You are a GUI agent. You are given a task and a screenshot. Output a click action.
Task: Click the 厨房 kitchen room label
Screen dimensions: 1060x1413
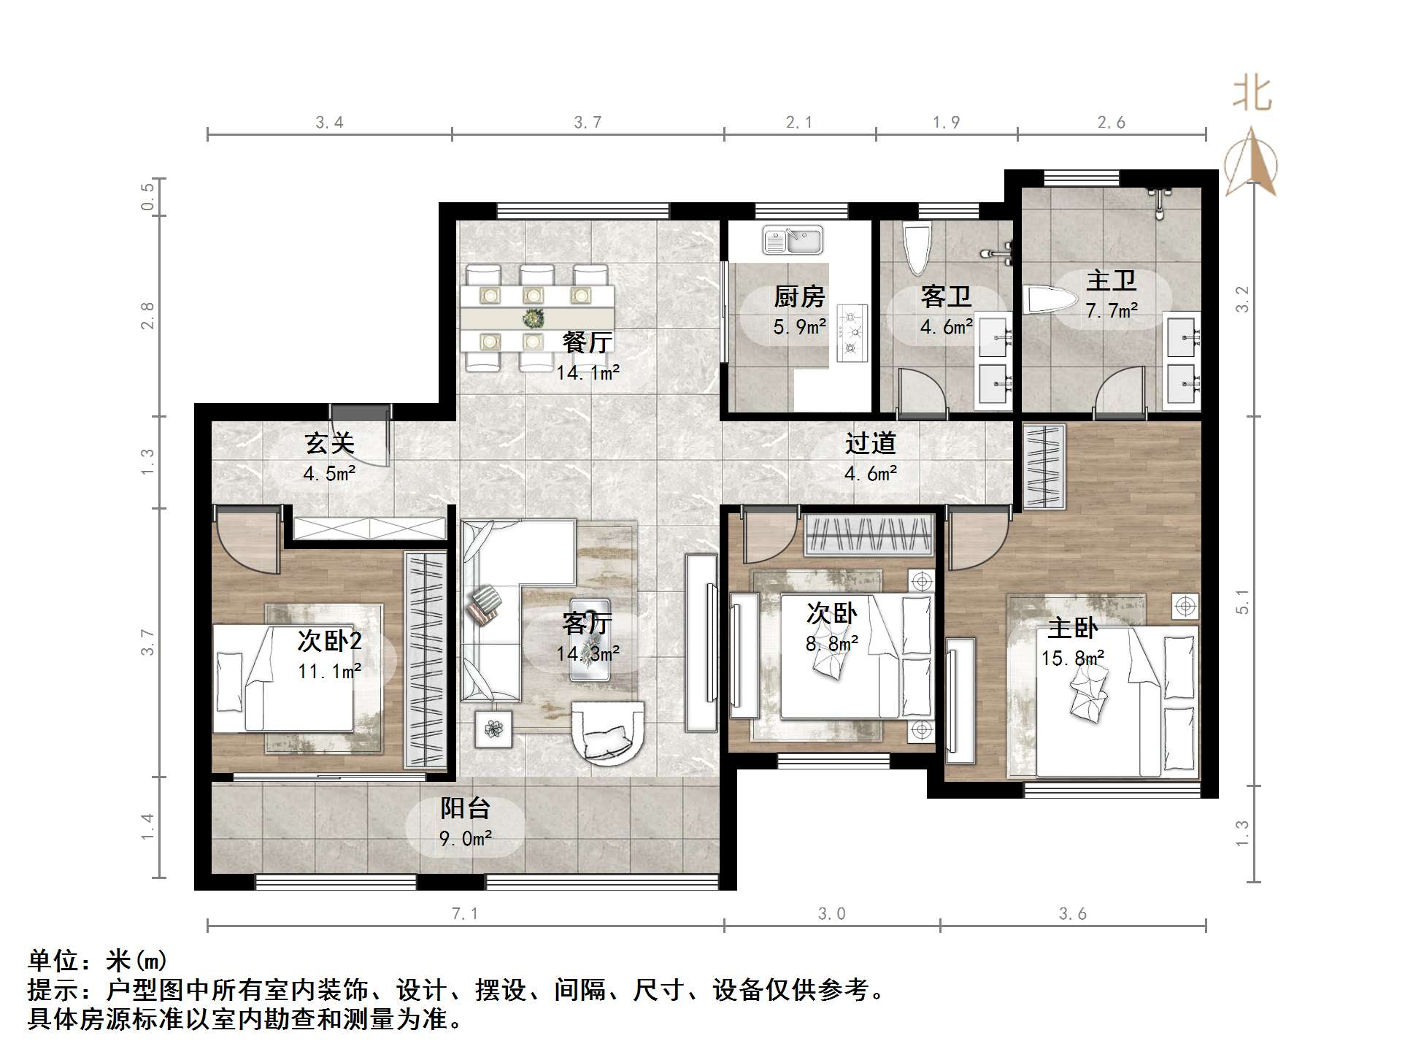tap(799, 297)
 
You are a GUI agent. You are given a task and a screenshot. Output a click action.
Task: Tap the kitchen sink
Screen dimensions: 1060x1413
tap(793, 239)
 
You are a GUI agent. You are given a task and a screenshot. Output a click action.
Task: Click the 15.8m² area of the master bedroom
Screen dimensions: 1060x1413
tap(1072, 658)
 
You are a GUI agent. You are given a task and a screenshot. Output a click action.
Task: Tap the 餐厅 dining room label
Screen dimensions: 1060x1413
tap(587, 342)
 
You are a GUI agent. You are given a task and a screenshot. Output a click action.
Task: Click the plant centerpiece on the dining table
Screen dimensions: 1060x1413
tap(534, 318)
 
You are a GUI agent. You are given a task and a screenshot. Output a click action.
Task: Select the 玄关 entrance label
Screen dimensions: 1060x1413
tap(330, 443)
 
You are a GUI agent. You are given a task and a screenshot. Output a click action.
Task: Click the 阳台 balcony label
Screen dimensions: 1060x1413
tap(465, 808)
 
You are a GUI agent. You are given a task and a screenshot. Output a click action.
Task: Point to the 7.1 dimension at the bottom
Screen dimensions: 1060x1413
tap(465, 913)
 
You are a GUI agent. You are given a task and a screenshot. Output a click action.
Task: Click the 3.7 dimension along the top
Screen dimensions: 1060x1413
tap(588, 123)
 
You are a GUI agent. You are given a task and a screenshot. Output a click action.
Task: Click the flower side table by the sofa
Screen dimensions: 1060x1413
tap(493, 729)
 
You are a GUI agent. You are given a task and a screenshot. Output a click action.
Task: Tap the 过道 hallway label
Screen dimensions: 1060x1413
tap(870, 443)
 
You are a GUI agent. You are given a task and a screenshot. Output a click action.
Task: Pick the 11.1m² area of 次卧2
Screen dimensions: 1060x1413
tap(329, 671)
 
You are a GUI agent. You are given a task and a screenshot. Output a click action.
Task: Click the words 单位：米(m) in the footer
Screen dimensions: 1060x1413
tap(98, 961)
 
